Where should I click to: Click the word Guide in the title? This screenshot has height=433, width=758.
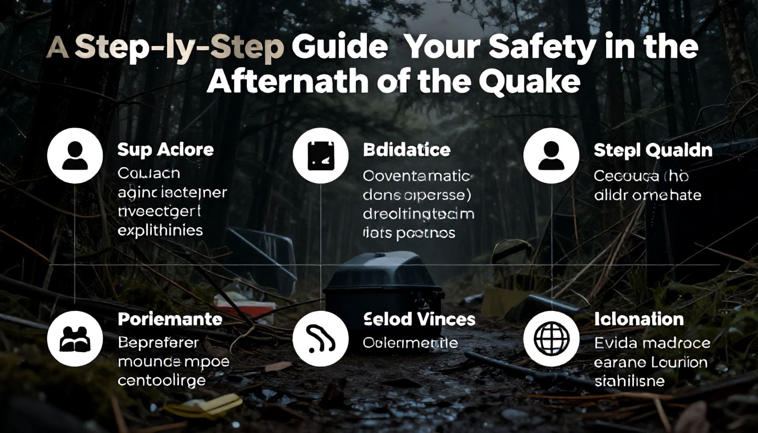pos(340,47)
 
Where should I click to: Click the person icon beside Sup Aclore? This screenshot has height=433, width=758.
pos(75,156)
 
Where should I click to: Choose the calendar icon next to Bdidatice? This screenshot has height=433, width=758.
pos(321,156)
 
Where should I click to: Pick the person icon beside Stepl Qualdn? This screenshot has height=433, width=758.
pos(551,156)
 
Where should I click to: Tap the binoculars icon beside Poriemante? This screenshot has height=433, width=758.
pos(75,339)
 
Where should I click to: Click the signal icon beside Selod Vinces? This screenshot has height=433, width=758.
pos(321,339)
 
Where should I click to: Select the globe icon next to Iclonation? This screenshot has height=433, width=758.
pos(551,339)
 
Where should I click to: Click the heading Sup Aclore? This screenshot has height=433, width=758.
pos(165,150)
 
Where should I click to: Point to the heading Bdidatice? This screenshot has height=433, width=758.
pos(406,150)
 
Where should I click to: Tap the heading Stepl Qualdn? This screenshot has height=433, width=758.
pos(653,151)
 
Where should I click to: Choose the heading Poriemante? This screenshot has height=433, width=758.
pos(170,319)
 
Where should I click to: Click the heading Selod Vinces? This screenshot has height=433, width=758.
pos(419,319)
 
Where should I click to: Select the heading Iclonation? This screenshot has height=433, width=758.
pos(639,319)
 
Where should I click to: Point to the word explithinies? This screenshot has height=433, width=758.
pos(160,230)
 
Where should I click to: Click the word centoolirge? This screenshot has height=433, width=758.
pos(162,380)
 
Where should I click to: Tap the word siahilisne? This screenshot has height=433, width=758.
pos(629,381)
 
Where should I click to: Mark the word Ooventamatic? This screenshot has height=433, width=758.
pos(417,176)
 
